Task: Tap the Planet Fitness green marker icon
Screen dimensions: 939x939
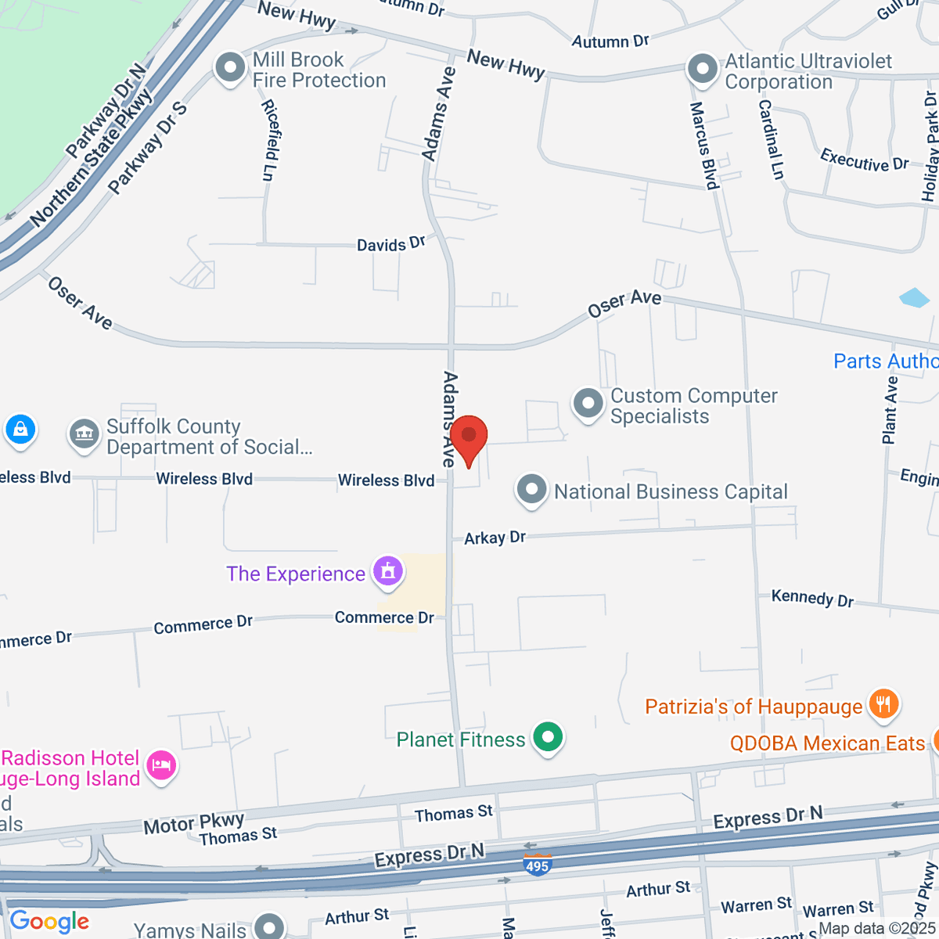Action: [x=548, y=736]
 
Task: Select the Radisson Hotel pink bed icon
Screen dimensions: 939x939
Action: [x=161, y=764]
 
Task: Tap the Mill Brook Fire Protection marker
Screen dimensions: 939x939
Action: [x=230, y=67]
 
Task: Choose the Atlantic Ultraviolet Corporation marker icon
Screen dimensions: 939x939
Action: [x=702, y=68]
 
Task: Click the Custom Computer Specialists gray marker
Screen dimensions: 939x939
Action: [x=588, y=404]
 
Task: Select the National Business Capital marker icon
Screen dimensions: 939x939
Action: [x=531, y=490]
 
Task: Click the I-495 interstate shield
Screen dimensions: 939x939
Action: [x=538, y=865]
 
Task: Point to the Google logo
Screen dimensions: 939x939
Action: [x=49, y=922]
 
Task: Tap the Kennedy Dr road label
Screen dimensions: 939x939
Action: [x=812, y=599]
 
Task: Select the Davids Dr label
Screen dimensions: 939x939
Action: [x=390, y=244]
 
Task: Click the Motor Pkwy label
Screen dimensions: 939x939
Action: [x=193, y=822]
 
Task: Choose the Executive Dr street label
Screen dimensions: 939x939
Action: [x=864, y=160]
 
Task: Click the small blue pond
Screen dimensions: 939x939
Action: [x=914, y=297]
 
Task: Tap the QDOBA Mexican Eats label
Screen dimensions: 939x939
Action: [x=827, y=743]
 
